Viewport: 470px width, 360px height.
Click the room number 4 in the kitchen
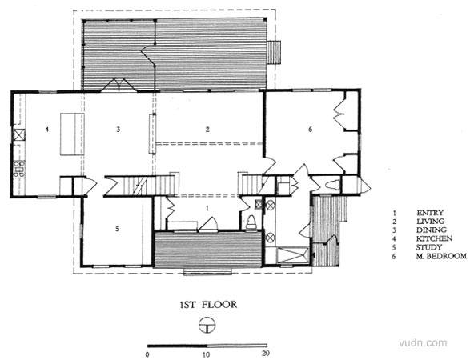[x=46, y=130]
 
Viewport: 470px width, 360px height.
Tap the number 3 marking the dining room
[x=119, y=130]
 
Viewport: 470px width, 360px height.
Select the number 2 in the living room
[x=207, y=130]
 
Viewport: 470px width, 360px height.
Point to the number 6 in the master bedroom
[x=310, y=130]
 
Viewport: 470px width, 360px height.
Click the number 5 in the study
[x=117, y=229]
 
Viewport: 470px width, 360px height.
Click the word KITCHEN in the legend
[x=434, y=238]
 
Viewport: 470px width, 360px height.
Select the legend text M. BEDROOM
[x=441, y=256]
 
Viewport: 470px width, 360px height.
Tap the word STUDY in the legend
[x=429, y=247]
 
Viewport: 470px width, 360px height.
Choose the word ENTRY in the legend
[x=430, y=213]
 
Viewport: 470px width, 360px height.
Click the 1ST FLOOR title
[x=208, y=305]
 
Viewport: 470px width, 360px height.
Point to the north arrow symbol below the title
[x=207, y=325]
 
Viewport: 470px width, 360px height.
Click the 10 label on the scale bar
[x=206, y=354]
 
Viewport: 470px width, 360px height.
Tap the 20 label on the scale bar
[x=266, y=354]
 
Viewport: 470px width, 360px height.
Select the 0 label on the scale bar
[x=147, y=355]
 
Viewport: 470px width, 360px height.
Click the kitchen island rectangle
[x=72, y=134]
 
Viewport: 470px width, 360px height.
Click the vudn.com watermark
[x=423, y=343]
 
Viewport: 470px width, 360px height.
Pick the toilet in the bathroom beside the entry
[x=251, y=223]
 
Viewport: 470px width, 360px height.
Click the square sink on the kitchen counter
[x=19, y=134]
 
